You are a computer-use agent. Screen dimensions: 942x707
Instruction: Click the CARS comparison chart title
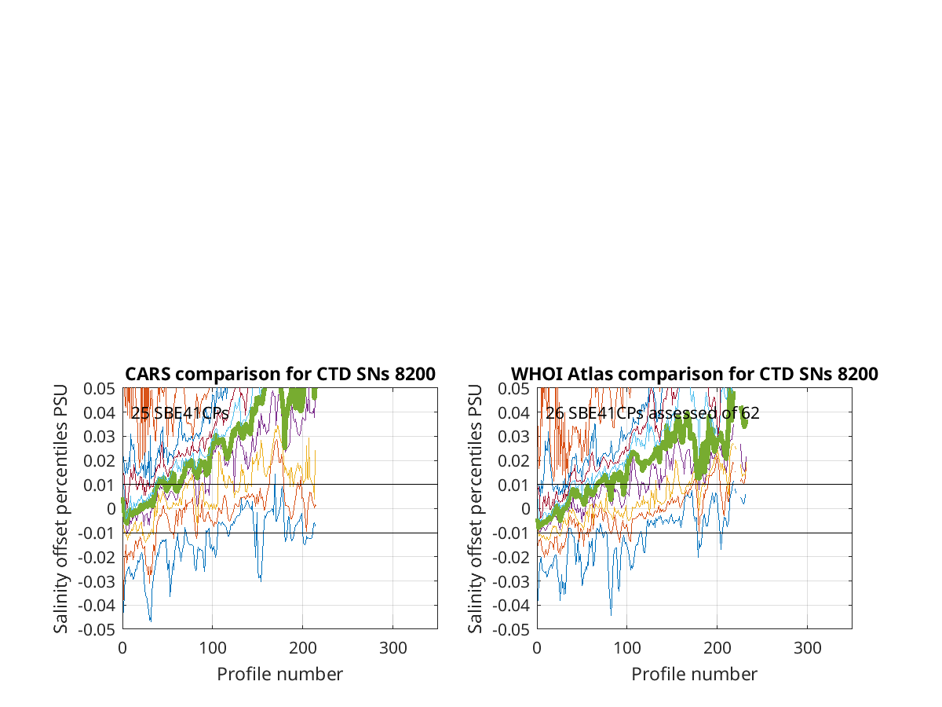pyautogui.click(x=279, y=374)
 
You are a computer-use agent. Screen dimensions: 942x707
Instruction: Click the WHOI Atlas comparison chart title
pyautogui.click(x=694, y=374)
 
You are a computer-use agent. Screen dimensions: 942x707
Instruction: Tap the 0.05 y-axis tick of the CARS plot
pyautogui.click(x=99, y=389)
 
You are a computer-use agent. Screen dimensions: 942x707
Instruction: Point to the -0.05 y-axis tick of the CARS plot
pyautogui.click(x=97, y=630)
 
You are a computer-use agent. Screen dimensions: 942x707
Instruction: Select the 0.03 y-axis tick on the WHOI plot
pyautogui.click(x=513, y=437)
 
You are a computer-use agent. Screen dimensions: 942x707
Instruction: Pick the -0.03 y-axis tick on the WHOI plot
pyautogui.click(x=511, y=581)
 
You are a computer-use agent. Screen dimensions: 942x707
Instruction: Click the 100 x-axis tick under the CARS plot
pyautogui.click(x=213, y=648)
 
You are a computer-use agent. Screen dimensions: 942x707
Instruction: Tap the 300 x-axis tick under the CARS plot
pyautogui.click(x=392, y=648)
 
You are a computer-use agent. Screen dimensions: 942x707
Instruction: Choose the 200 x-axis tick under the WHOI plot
pyautogui.click(x=717, y=648)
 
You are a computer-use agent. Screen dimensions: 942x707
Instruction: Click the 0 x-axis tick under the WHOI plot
pyautogui.click(x=537, y=648)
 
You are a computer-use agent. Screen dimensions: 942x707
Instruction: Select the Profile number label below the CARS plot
pyautogui.click(x=279, y=674)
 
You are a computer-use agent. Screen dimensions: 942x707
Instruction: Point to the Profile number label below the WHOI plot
pyautogui.click(x=695, y=674)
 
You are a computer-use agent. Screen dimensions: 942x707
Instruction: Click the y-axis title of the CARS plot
pyautogui.click(x=60, y=509)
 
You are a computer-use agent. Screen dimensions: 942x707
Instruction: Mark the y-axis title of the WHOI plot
pyautogui.click(x=475, y=509)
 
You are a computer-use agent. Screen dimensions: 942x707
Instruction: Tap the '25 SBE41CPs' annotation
pyautogui.click(x=180, y=413)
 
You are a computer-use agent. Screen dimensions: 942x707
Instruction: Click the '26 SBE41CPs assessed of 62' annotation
pyautogui.click(x=652, y=413)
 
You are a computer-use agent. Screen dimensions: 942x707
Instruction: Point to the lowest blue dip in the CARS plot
pyautogui.click(x=151, y=621)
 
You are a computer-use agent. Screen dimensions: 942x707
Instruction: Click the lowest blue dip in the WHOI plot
pyautogui.click(x=611, y=615)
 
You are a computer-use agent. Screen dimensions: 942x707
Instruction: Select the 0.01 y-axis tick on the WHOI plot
pyautogui.click(x=513, y=485)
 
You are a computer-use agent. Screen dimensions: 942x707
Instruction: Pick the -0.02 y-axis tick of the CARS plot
pyautogui.click(x=97, y=558)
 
